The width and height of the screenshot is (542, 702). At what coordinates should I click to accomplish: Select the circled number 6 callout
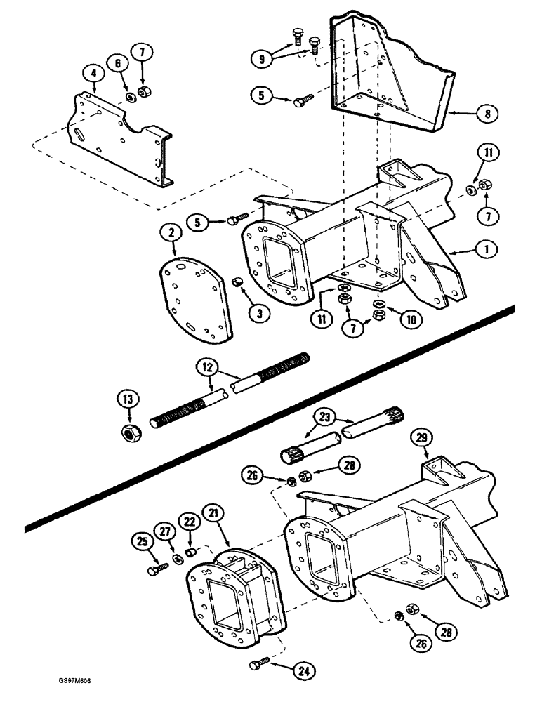coord(118,63)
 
